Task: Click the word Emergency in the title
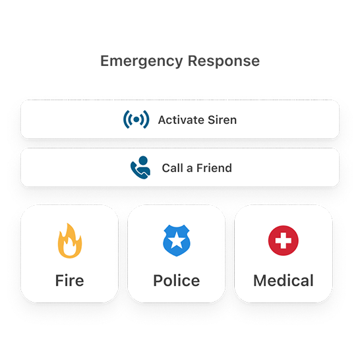[x=141, y=61]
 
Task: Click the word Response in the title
[x=224, y=61]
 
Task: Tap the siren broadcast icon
[x=136, y=119]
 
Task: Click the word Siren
[x=222, y=120]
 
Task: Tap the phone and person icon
[x=140, y=167]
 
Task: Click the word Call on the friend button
[x=173, y=168]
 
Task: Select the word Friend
[x=214, y=168]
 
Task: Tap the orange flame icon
[x=70, y=241]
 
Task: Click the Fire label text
[x=70, y=280]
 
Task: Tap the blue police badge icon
[x=176, y=241]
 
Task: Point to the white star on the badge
[x=176, y=241]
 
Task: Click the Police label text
[x=176, y=280]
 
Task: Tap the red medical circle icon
[x=284, y=241]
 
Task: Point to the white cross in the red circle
[x=284, y=241]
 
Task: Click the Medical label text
[x=284, y=280]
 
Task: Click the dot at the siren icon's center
[x=136, y=119]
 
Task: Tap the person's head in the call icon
[x=143, y=160]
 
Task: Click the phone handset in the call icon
[x=137, y=171]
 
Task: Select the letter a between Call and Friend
[x=190, y=169]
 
